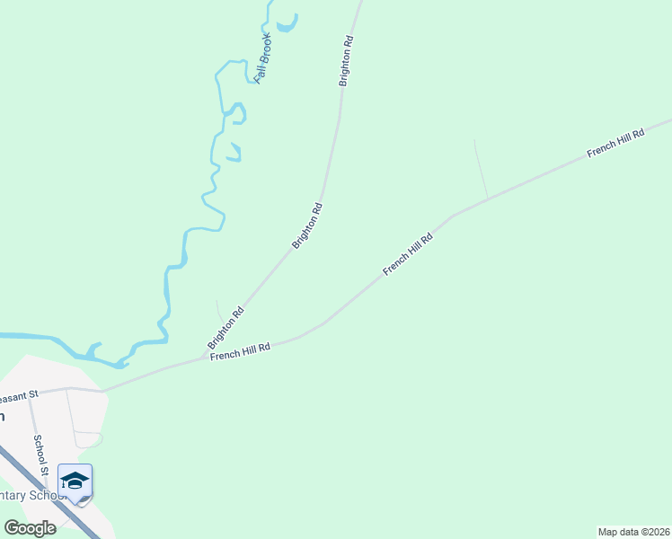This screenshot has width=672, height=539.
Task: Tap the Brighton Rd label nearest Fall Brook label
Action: click(345, 61)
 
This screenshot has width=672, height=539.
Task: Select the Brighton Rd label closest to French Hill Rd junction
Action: click(225, 329)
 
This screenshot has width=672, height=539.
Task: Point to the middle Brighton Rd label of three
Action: click(306, 226)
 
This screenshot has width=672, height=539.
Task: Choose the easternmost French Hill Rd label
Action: click(616, 144)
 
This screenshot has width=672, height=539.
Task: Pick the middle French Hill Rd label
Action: click(408, 253)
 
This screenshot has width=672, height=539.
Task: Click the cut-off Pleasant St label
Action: click(18, 395)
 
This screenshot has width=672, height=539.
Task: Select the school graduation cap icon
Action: click(75, 481)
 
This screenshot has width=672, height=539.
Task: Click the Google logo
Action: click(30, 527)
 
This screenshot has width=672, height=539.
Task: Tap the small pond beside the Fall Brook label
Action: click(287, 23)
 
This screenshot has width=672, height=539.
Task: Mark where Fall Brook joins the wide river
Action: click(119, 363)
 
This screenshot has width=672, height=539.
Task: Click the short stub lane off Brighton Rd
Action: click(218, 310)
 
